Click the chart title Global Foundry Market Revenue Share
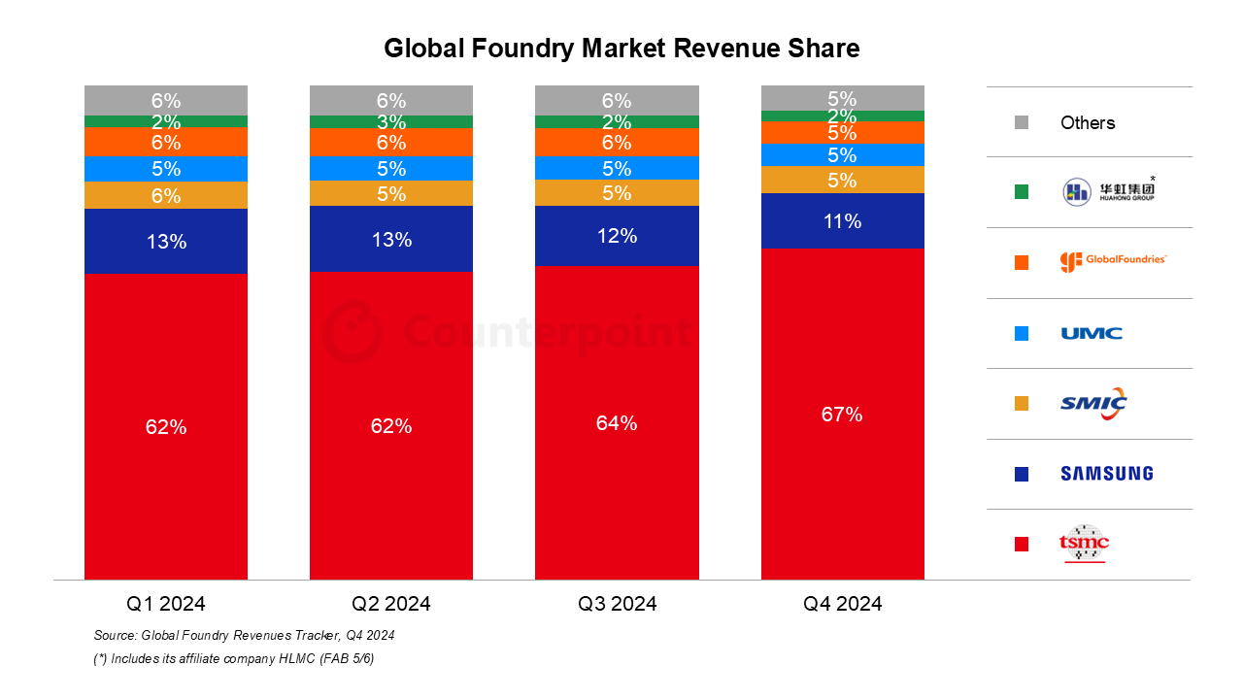(x=621, y=49)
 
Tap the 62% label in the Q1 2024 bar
(x=166, y=426)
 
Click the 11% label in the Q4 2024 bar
(x=842, y=221)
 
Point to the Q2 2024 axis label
(x=391, y=604)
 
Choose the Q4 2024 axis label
(x=842, y=604)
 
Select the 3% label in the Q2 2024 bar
(x=391, y=121)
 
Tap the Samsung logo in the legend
(x=1107, y=474)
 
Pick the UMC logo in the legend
(x=1092, y=333)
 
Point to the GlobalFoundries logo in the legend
(x=1113, y=261)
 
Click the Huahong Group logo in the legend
(x=1108, y=191)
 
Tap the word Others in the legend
(x=1088, y=123)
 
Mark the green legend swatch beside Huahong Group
(x=1021, y=192)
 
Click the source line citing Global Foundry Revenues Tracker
(x=244, y=636)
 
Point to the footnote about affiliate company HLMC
(x=234, y=659)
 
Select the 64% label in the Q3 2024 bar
(x=617, y=423)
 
